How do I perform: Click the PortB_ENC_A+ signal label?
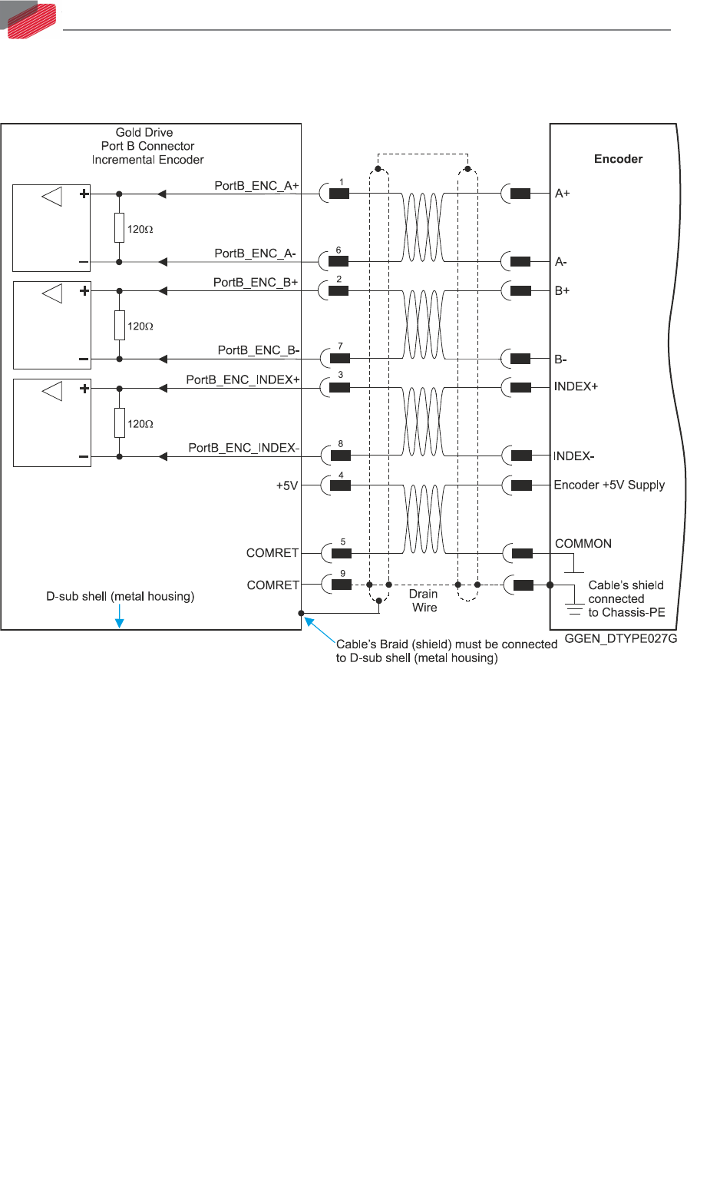[x=256, y=186]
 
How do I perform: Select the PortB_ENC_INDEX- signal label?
[x=244, y=448]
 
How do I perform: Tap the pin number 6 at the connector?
[x=339, y=250]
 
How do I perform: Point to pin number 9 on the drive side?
[x=343, y=574]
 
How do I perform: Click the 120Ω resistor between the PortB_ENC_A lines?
[x=119, y=228]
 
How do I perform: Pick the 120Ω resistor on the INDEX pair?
[x=119, y=422]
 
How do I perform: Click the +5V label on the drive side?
[x=287, y=485]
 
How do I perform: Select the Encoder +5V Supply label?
[x=609, y=485]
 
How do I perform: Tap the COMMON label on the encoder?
[x=583, y=544]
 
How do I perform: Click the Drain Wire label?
[x=424, y=601]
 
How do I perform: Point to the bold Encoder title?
[x=618, y=159]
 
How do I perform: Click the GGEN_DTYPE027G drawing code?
[x=621, y=639]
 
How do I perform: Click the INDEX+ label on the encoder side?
[x=576, y=386]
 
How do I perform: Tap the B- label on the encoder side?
[x=561, y=359]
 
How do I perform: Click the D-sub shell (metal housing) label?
[x=121, y=596]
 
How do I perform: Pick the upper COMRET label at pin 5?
[x=272, y=553]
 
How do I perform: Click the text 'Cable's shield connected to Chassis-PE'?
[x=626, y=599]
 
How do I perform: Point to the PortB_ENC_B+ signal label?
[x=256, y=283]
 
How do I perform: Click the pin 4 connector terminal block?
[x=341, y=485]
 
